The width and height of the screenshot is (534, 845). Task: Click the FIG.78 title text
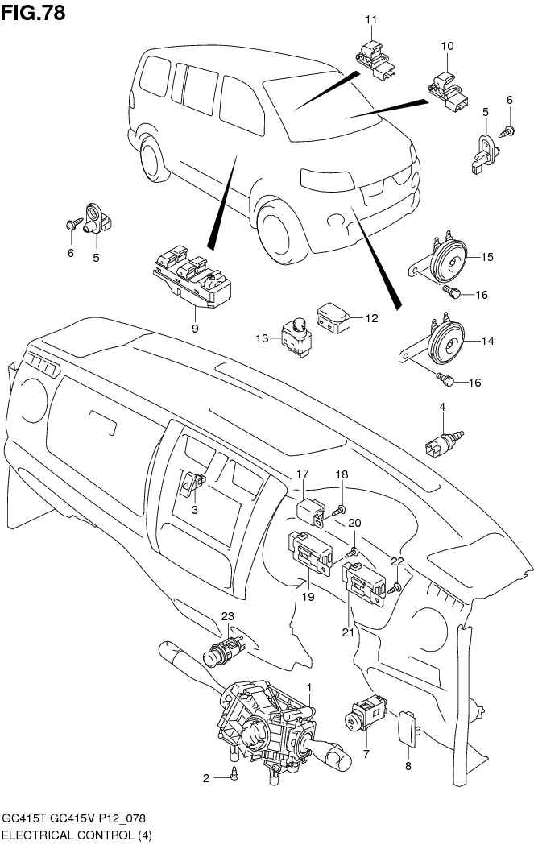(x=33, y=13)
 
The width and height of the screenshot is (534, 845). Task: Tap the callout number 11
(x=370, y=19)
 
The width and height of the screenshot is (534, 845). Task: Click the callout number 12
(x=371, y=318)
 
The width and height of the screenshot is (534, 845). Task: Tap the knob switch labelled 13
(x=295, y=333)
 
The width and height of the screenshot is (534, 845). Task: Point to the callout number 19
(x=307, y=597)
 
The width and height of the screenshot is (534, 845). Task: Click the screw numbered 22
(x=394, y=590)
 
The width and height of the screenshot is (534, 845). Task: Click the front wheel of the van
(x=276, y=226)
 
